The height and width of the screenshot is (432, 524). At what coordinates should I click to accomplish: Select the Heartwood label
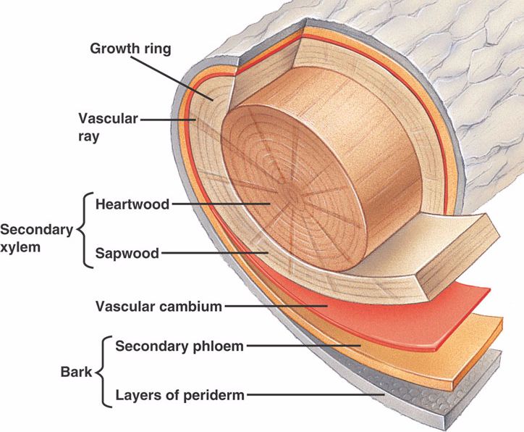click(132, 204)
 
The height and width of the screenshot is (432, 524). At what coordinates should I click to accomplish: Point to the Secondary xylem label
click(36, 238)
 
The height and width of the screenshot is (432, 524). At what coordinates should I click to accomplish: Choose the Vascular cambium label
click(159, 305)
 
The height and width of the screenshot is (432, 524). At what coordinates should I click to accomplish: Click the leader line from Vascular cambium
click(275, 305)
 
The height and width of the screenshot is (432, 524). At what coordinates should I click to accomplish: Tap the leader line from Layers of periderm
click(318, 395)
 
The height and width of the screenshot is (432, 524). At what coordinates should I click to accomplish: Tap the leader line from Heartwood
click(217, 204)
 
